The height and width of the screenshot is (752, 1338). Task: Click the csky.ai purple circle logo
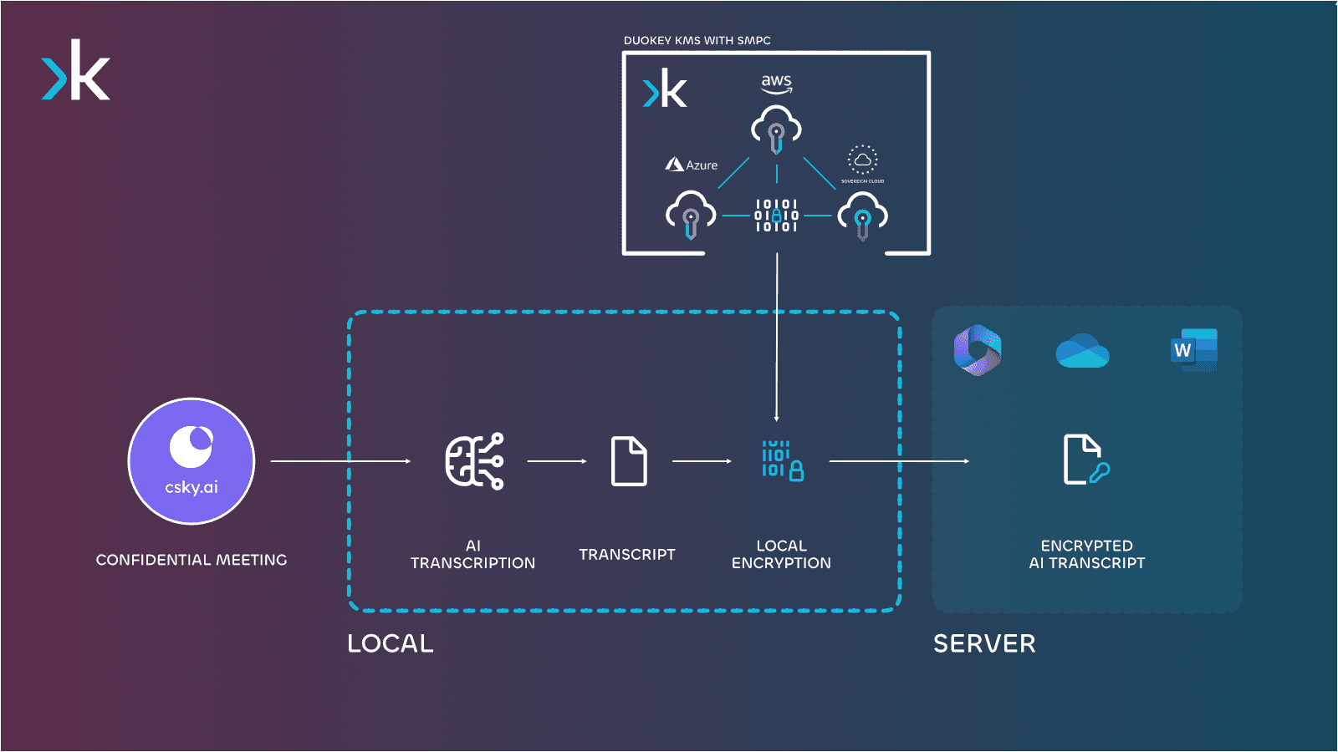192,461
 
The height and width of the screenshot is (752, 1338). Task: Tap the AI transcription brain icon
474,461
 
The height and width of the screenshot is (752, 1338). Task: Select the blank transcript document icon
629,461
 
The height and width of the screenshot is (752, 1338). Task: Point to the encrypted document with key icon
1085,460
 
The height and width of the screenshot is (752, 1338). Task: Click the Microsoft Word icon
1194,350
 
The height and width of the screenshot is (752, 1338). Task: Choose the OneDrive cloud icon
1082,351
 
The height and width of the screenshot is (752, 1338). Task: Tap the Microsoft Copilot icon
978,350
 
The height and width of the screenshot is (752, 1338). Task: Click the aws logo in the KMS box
776,83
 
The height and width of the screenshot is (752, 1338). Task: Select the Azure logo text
692,165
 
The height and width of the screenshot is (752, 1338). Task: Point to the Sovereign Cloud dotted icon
862,160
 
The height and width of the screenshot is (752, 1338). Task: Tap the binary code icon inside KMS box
776,216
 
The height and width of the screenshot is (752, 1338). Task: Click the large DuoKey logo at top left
76,71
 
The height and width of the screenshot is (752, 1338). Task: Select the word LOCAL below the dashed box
391,643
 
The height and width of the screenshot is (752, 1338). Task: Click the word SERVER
984,643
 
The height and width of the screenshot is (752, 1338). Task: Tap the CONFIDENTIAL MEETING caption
192,560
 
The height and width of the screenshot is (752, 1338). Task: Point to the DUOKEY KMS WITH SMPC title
697,40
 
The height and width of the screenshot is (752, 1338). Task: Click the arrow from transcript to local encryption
702,461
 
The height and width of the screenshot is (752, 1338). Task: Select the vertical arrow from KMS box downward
777,334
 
